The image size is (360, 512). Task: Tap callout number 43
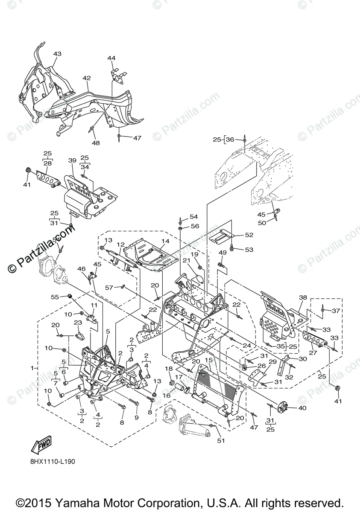[x=57, y=54]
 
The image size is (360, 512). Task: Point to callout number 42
[x=87, y=78]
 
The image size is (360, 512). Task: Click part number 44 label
[x=111, y=58]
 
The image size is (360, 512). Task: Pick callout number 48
[x=96, y=143]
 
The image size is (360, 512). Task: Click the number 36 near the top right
[x=230, y=140]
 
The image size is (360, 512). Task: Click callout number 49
[x=222, y=253]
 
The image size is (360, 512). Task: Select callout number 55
[x=55, y=297]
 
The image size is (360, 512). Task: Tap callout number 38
[x=303, y=297]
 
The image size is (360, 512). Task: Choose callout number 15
[x=208, y=360]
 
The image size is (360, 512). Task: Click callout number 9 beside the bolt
[x=137, y=416]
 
